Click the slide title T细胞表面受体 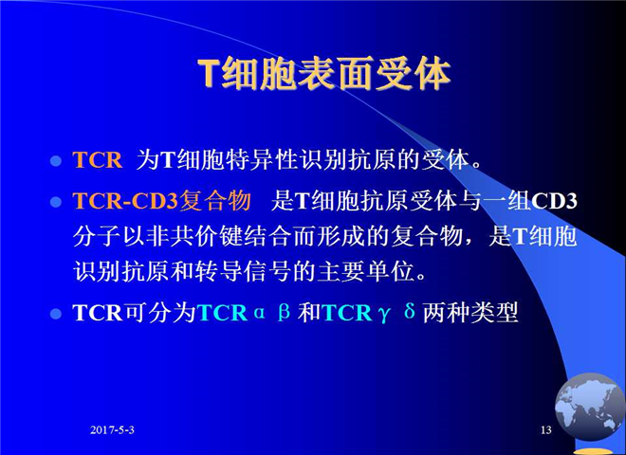pos(324,74)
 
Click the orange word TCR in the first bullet pos(98,160)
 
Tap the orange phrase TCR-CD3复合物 pos(162,200)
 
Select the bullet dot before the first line pos(56,161)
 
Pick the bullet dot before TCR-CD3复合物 pos(56,202)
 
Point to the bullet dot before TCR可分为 pos(56,314)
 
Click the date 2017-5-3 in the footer pos(112,429)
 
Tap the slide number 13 pos(545,429)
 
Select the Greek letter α pos(260,313)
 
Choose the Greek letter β pos(284,312)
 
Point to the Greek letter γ pos(384,314)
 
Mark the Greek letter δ pos(409,311)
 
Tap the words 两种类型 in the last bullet pos(470,312)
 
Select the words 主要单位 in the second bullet pos(365,272)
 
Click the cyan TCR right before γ pos(347,313)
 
